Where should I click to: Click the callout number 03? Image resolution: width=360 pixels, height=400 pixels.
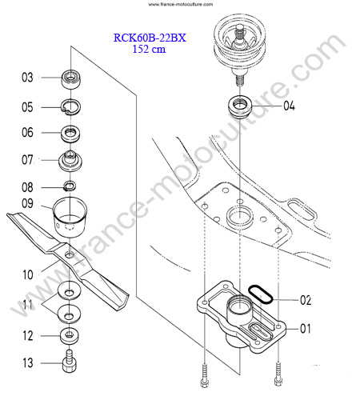pos(27,78)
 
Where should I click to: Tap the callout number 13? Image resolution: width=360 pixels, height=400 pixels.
pos(28,363)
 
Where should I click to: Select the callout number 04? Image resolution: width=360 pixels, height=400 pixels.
pos(289,106)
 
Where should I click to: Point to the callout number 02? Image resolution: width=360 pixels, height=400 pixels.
pos(306,300)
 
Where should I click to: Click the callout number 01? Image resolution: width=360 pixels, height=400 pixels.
pos(306,329)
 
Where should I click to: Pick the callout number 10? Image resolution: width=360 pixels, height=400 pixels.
pos(28,274)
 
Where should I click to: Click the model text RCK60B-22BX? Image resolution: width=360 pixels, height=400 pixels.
pos(150,38)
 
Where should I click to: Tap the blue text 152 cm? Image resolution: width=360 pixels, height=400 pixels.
pos(149,49)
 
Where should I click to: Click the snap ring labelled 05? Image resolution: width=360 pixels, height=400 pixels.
pos(71,107)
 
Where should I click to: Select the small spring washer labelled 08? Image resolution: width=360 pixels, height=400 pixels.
pos(70,186)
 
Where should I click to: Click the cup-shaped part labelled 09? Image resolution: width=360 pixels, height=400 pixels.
pos(70,217)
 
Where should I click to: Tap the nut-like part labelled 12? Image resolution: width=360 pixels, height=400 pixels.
pos(70,336)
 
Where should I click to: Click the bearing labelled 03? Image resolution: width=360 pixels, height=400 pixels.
pos(71,78)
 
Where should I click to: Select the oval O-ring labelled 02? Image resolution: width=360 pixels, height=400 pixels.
pos(260,294)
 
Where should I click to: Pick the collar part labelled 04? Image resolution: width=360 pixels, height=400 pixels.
pos(240,106)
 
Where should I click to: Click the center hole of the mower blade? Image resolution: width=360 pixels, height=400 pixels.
pos(70,254)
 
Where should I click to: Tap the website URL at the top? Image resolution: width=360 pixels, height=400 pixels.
pos(181,4)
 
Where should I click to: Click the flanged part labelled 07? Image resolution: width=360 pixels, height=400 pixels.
pos(70,161)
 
